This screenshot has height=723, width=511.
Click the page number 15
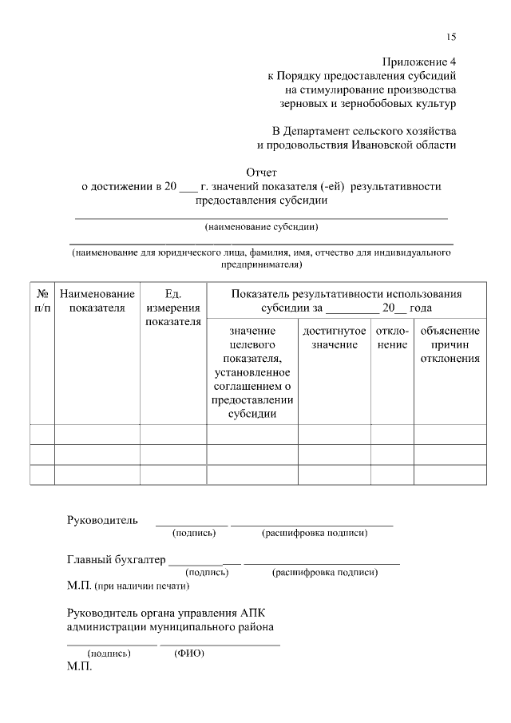451,37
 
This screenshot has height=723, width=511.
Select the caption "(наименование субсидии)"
262,226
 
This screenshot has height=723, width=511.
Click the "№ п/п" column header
42,301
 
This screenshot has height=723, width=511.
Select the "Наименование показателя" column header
97,301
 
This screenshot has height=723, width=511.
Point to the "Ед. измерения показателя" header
173,308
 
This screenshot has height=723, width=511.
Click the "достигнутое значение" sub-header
335,337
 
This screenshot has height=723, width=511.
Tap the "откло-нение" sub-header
392,337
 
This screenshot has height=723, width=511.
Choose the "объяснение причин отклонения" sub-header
450,344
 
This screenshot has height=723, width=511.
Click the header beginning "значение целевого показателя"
252,372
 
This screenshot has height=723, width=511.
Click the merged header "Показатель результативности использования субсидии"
346,301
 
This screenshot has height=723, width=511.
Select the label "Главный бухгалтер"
116,560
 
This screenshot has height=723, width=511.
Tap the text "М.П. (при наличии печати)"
128,586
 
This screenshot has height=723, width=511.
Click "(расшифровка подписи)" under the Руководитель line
314,533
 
